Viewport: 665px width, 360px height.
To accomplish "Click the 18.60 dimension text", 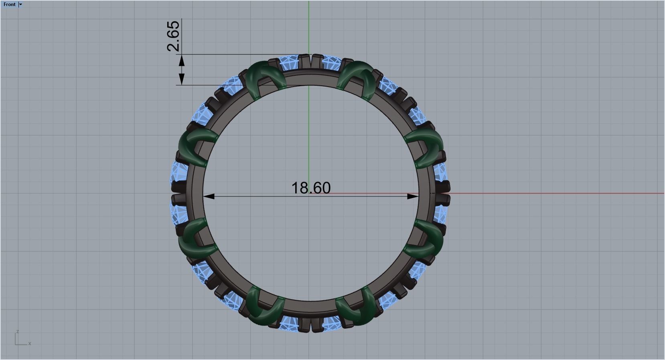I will coord(311,188).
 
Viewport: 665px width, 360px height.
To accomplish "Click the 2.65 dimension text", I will coord(173,36).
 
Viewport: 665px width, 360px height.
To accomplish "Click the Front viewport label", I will coord(10,4).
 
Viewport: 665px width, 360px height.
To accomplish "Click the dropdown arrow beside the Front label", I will coord(21,4).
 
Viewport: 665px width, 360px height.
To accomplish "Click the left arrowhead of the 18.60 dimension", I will coord(209,196).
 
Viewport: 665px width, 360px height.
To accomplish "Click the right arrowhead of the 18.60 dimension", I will coord(413,196).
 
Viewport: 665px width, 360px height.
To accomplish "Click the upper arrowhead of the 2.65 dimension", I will coord(182,61).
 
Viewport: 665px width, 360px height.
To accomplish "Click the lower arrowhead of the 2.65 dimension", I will coord(182,79).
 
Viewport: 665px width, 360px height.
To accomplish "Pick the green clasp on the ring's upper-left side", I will coord(196,146).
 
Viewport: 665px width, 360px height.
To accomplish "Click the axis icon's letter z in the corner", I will coord(18,332).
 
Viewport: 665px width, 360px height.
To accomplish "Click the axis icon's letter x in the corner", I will coord(30,344).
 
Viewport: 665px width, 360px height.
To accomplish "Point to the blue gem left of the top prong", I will coord(290,63).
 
